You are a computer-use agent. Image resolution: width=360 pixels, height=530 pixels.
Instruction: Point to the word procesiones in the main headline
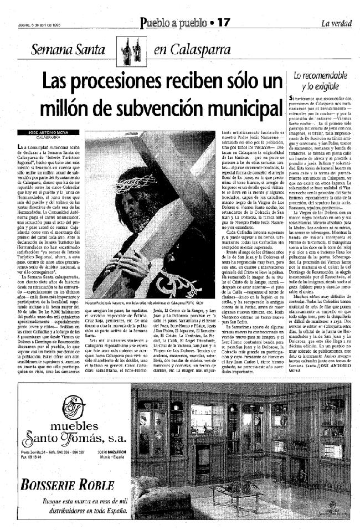pyautogui.click(x=132, y=80)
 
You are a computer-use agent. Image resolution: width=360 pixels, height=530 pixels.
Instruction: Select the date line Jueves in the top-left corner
pyautogui.click(x=46, y=23)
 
